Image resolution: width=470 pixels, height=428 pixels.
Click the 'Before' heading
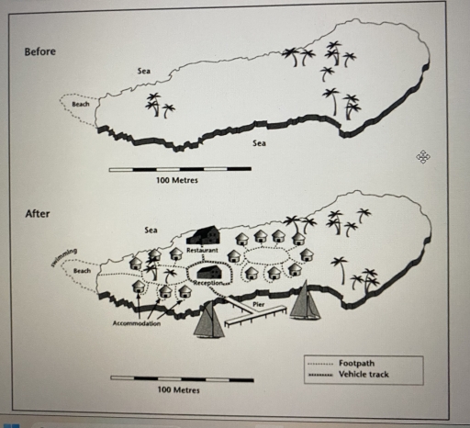pos(39,51)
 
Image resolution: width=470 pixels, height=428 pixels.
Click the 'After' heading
pos(37,214)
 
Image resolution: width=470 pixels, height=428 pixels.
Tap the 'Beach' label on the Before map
pos(81,105)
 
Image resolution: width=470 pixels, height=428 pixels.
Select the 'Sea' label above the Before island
pos(144,70)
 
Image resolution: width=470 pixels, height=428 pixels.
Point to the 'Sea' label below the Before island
pos(259,143)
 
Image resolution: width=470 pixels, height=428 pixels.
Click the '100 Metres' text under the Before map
pos(178,181)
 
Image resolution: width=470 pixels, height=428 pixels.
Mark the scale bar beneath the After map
pos(179,377)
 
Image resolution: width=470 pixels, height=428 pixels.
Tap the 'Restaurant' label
pos(201,250)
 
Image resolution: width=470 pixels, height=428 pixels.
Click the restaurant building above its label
pos(204,235)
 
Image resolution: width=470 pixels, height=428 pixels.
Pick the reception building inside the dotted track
pos(209,272)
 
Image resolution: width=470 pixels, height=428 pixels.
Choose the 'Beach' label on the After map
pos(82,271)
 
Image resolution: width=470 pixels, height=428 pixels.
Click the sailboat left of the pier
pos(209,320)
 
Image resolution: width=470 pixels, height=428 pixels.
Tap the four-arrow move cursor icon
pos(423,157)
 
